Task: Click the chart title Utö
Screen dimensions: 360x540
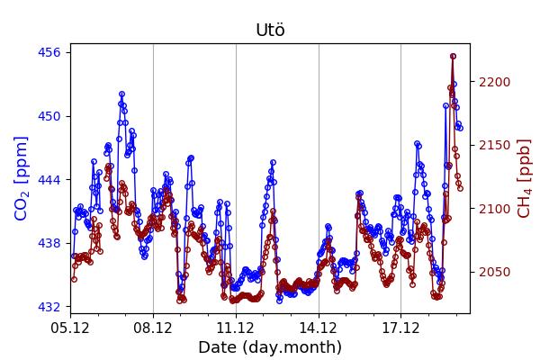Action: coord(270,31)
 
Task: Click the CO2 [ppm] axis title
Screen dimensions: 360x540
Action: coord(22,178)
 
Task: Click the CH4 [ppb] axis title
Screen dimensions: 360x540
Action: coord(525,178)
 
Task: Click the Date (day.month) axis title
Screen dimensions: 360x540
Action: coord(270,347)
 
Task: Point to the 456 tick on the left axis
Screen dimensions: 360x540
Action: coord(49,52)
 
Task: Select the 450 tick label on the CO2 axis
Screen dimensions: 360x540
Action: coord(49,116)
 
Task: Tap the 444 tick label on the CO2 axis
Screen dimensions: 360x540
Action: coord(49,179)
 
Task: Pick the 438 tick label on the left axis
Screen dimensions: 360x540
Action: coord(49,243)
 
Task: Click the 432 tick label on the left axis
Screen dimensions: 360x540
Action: coord(49,307)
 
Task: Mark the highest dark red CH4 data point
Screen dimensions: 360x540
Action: coord(453,56)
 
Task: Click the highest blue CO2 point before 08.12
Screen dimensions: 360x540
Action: coord(121,94)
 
